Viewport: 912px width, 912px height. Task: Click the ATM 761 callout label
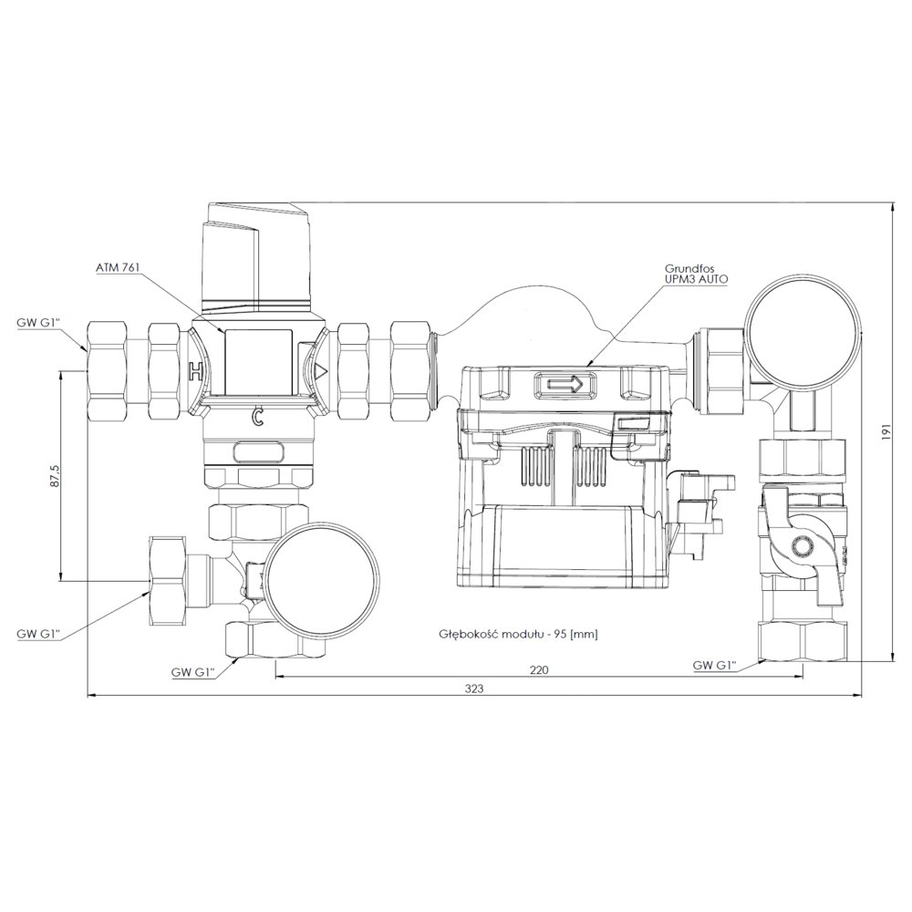click(119, 267)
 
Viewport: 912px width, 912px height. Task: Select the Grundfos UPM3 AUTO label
click(696, 274)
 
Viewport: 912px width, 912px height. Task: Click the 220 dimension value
click(539, 669)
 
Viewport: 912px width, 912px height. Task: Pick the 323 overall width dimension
click(474, 689)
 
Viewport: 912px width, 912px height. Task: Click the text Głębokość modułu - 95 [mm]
click(518, 634)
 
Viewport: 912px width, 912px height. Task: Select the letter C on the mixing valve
click(256, 417)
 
